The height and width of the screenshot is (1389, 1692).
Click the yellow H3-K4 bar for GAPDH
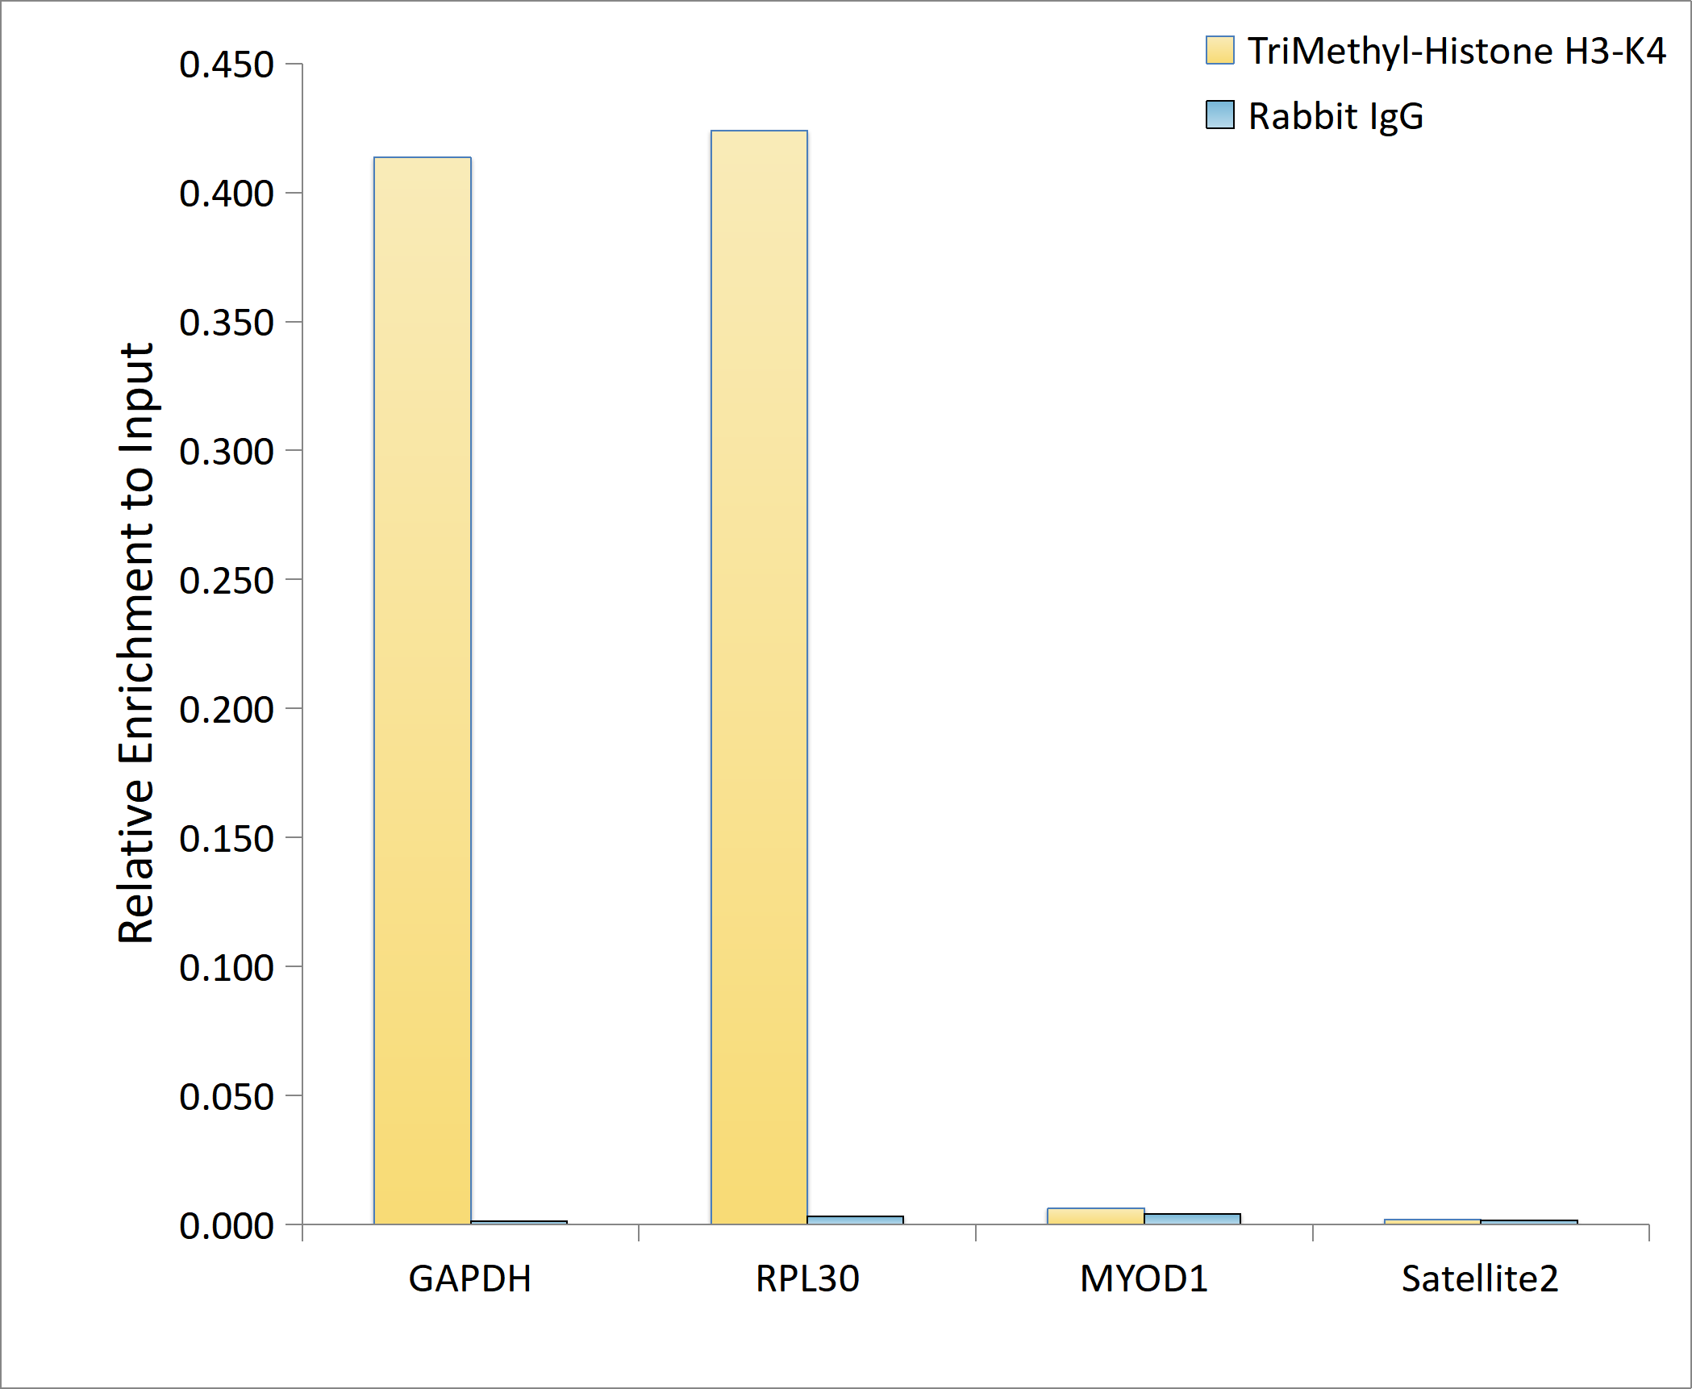click(422, 690)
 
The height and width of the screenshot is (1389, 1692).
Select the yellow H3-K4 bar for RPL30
click(759, 677)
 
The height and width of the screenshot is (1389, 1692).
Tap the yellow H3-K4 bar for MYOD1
click(1095, 1216)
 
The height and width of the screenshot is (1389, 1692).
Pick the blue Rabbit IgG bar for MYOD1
click(1192, 1219)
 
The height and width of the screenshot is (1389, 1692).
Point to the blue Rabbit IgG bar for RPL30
click(855, 1220)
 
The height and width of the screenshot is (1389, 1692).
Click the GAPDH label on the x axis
click(470, 1278)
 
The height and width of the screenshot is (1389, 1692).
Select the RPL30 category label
click(807, 1278)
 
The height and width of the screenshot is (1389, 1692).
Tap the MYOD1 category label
click(1144, 1278)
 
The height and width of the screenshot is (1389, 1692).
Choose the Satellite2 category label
click(1480, 1278)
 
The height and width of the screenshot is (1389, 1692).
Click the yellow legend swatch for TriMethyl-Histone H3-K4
click(1219, 50)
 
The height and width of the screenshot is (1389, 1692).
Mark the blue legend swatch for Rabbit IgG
click(1219, 115)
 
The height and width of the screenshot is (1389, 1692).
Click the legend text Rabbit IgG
click(1336, 116)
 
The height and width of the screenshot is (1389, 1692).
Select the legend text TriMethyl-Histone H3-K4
click(1457, 52)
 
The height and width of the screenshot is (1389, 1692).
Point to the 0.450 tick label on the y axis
click(227, 65)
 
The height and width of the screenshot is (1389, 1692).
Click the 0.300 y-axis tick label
click(227, 452)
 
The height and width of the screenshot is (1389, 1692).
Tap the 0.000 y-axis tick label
click(227, 1226)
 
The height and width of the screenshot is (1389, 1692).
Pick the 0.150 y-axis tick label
click(227, 839)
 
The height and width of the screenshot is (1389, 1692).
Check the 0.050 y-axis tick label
click(227, 1097)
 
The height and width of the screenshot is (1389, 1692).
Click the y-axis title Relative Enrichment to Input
click(135, 643)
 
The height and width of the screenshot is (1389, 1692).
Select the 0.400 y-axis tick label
click(227, 194)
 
